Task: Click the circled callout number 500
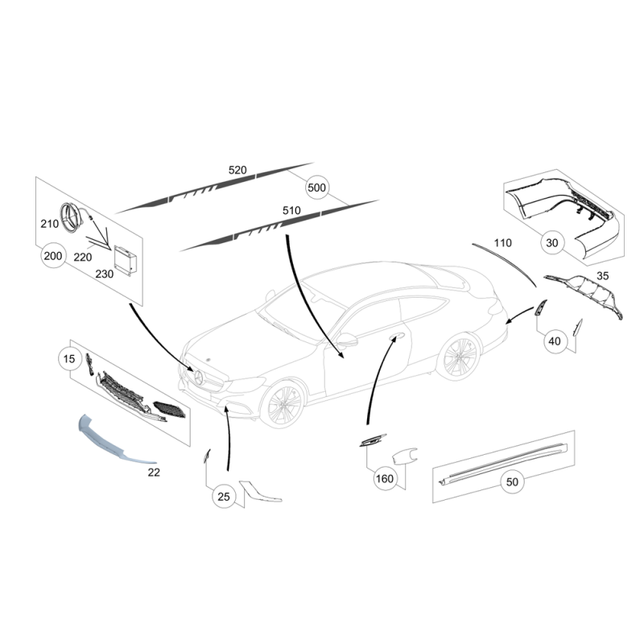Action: point(316,188)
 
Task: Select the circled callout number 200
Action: point(53,256)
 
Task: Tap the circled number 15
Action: point(69,358)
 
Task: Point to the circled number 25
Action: point(224,497)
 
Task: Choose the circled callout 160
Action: point(385,478)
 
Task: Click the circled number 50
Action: point(512,481)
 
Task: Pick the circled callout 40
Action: point(555,341)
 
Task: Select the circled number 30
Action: point(552,243)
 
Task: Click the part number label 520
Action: point(237,170)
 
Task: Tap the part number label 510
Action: point(291,210)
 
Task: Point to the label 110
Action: point(502,243)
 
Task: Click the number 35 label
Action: point(602,276)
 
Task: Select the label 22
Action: point(154,473)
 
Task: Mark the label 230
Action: point(105,274)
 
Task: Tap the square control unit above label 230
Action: point(126,259)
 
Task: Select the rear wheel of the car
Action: point(460,357)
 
